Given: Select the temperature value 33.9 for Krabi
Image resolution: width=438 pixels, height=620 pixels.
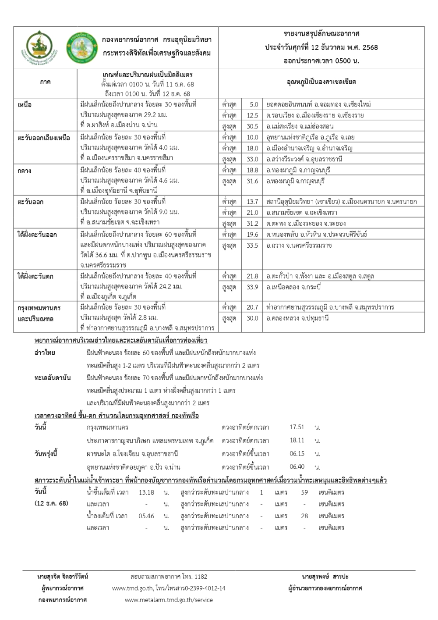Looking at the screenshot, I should (x=252, y=287).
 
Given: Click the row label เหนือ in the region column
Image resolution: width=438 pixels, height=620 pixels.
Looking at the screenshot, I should (x=25, y=105).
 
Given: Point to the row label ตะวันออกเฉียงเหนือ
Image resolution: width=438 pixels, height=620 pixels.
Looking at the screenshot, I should (x=44, y=138).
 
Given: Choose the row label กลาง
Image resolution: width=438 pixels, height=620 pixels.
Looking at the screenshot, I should (x=25, y=171).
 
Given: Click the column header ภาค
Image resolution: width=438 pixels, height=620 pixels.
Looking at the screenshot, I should (x=45, y=82).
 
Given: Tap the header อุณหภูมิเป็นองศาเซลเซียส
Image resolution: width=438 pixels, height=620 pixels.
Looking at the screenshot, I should (x=321, y=82).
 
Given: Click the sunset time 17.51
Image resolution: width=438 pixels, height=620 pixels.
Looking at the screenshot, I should (x=297, y=427).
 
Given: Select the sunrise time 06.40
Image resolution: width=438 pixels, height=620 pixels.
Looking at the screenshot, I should (x=297, y=467).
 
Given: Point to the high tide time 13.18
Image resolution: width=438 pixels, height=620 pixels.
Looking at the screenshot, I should (x=146, y=492).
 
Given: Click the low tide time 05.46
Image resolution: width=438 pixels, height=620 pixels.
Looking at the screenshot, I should (x=146, y=516).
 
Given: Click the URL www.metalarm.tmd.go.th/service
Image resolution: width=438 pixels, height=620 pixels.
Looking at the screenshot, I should (x=169, y=599).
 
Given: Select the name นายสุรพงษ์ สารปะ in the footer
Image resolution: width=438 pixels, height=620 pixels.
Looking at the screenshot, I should (x=325, y=577).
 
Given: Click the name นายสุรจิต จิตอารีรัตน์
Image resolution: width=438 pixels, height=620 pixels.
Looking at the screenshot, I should (x=63, y=577).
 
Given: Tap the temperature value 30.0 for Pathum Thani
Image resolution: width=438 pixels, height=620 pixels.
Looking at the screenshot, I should (x=252, y=318).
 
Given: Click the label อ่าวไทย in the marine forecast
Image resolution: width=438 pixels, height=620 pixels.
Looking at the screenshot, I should (x=45, y=353).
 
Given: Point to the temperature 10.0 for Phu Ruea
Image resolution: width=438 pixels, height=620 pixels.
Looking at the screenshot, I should (x=253, y=138).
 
